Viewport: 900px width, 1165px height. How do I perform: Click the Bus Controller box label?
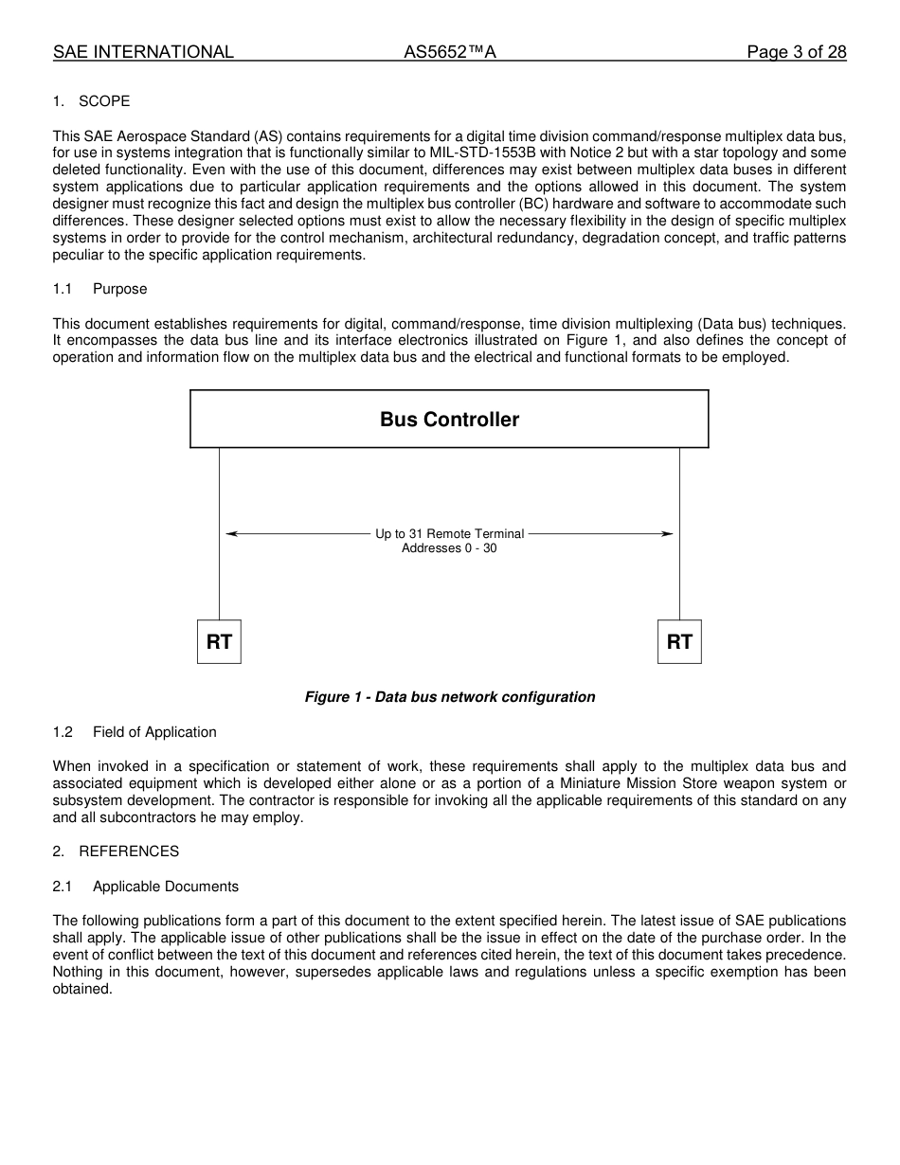449,420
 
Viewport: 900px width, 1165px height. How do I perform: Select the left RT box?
219,642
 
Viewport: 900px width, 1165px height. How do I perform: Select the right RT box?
679,642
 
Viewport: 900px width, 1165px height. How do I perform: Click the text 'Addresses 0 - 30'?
449,548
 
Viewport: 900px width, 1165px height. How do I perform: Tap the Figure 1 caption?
449,697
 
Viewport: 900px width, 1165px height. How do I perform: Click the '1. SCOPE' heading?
91,101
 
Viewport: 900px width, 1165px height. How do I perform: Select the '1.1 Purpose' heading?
99,289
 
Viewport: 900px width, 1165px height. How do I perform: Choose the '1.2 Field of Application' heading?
135,732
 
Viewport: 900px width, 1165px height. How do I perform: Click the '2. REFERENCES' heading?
116,851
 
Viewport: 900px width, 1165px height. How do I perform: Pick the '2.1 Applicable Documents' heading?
145,887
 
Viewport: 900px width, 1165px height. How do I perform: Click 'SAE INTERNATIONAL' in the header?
143,52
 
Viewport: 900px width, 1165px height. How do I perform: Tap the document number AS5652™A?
450,52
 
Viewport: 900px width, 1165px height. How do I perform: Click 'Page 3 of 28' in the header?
796,52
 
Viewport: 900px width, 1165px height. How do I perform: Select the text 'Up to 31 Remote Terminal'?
449,534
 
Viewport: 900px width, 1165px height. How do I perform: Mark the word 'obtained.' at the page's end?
82,990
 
